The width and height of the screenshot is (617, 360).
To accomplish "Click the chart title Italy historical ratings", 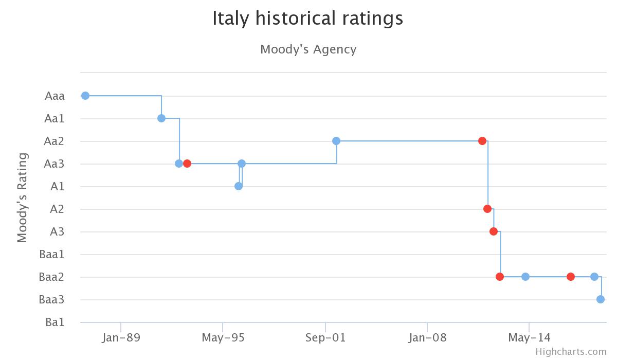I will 307,19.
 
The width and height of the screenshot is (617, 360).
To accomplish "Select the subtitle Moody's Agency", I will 308,49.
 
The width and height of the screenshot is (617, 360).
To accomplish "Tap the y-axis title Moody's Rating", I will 22,197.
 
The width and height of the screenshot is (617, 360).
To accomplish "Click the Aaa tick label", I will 55,96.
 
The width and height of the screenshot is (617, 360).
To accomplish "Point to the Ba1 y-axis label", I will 55,322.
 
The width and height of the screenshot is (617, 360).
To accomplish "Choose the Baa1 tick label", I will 52,254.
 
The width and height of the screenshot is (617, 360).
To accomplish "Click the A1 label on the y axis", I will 57,186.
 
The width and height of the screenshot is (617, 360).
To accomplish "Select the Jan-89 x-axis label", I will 121,338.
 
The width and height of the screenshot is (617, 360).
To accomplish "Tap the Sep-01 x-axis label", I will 325,338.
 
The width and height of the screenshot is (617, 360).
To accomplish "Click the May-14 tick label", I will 529,338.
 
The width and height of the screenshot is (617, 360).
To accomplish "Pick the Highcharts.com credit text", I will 571,352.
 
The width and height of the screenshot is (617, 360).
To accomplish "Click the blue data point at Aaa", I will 85,96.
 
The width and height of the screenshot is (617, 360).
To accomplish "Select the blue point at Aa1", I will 161,118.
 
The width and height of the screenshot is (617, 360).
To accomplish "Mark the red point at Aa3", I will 187,164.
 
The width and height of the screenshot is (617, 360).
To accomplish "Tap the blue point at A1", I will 239,186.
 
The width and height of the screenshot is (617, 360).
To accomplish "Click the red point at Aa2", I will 482,141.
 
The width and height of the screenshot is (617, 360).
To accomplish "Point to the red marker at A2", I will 487,209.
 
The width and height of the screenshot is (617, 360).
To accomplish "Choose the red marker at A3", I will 494,231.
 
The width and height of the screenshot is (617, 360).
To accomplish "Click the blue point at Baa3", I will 601,299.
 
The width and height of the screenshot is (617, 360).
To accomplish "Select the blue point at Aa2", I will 336,141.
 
